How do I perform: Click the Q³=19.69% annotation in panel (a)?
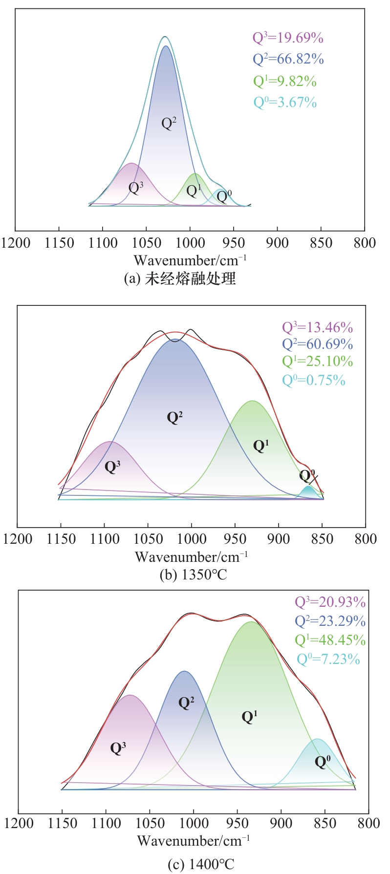pyautogui.click(x=287, y=38)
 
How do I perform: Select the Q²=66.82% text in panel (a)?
pyautogui.click(x=288, y=59)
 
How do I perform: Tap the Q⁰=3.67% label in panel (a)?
pyautogui.click(x=285, y=102)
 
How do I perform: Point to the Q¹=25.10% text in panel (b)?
pyautogui.click(x=317, y=361)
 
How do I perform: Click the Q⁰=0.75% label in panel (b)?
pyautogui.click(x=314, y=380)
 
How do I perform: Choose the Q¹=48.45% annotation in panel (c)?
pyautogui.click(x=330, y=640)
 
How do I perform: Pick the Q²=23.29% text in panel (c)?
pyautogui.click(x=330, y=621)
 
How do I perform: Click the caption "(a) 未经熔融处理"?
pyautogui.click(x=180, y=278)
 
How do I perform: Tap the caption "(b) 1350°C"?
pyautogui.click(x=194, y=575)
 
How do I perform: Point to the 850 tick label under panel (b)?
pyautogui.click(x=322, y=539)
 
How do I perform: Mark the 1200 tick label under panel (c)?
pyautogui.click(x=20, y=823)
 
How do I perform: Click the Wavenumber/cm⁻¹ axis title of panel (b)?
pyautogui.click(x=191, y=556)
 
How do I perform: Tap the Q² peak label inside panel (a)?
pyautogui.click(x=169, y=123)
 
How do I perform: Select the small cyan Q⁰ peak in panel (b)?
pyautogui.click(x=308, y=492)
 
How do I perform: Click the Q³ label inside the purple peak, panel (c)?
pyautogui.click(x=118, y=748)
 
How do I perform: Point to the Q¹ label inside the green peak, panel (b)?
pyautogui.click(x=261, y=445)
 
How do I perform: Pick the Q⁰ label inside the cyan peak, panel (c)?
pyautogui.click(x=323, y=762)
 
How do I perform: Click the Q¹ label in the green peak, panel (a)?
pyautogui.click(x=194, y=190)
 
